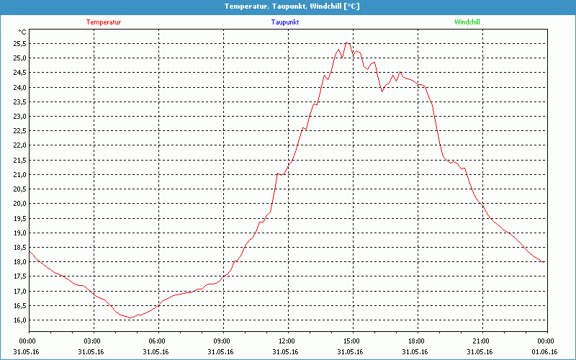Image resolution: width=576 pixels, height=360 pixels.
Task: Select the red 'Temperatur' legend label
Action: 104,22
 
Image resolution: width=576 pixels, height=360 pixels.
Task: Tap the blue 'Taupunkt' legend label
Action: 285,22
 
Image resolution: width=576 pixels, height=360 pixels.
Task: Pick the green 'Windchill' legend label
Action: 467,22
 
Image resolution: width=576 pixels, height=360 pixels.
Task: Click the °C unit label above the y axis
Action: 22,32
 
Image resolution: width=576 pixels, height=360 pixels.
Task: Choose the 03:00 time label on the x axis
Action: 93,341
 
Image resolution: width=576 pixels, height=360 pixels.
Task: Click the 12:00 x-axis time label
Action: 287,341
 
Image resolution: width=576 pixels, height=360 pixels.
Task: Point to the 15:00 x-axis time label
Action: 351,341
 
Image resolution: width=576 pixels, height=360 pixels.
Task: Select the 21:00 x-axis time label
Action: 481,341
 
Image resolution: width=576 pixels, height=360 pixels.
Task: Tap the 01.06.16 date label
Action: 545,352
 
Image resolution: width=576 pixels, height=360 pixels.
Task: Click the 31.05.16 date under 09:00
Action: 222,352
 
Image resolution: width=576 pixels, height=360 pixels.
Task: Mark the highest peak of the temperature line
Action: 348,43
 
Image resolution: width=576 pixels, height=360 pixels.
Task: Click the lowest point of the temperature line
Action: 129,317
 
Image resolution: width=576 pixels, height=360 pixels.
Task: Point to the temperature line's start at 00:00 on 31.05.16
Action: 30,250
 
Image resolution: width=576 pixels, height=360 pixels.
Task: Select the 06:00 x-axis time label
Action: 157,341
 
